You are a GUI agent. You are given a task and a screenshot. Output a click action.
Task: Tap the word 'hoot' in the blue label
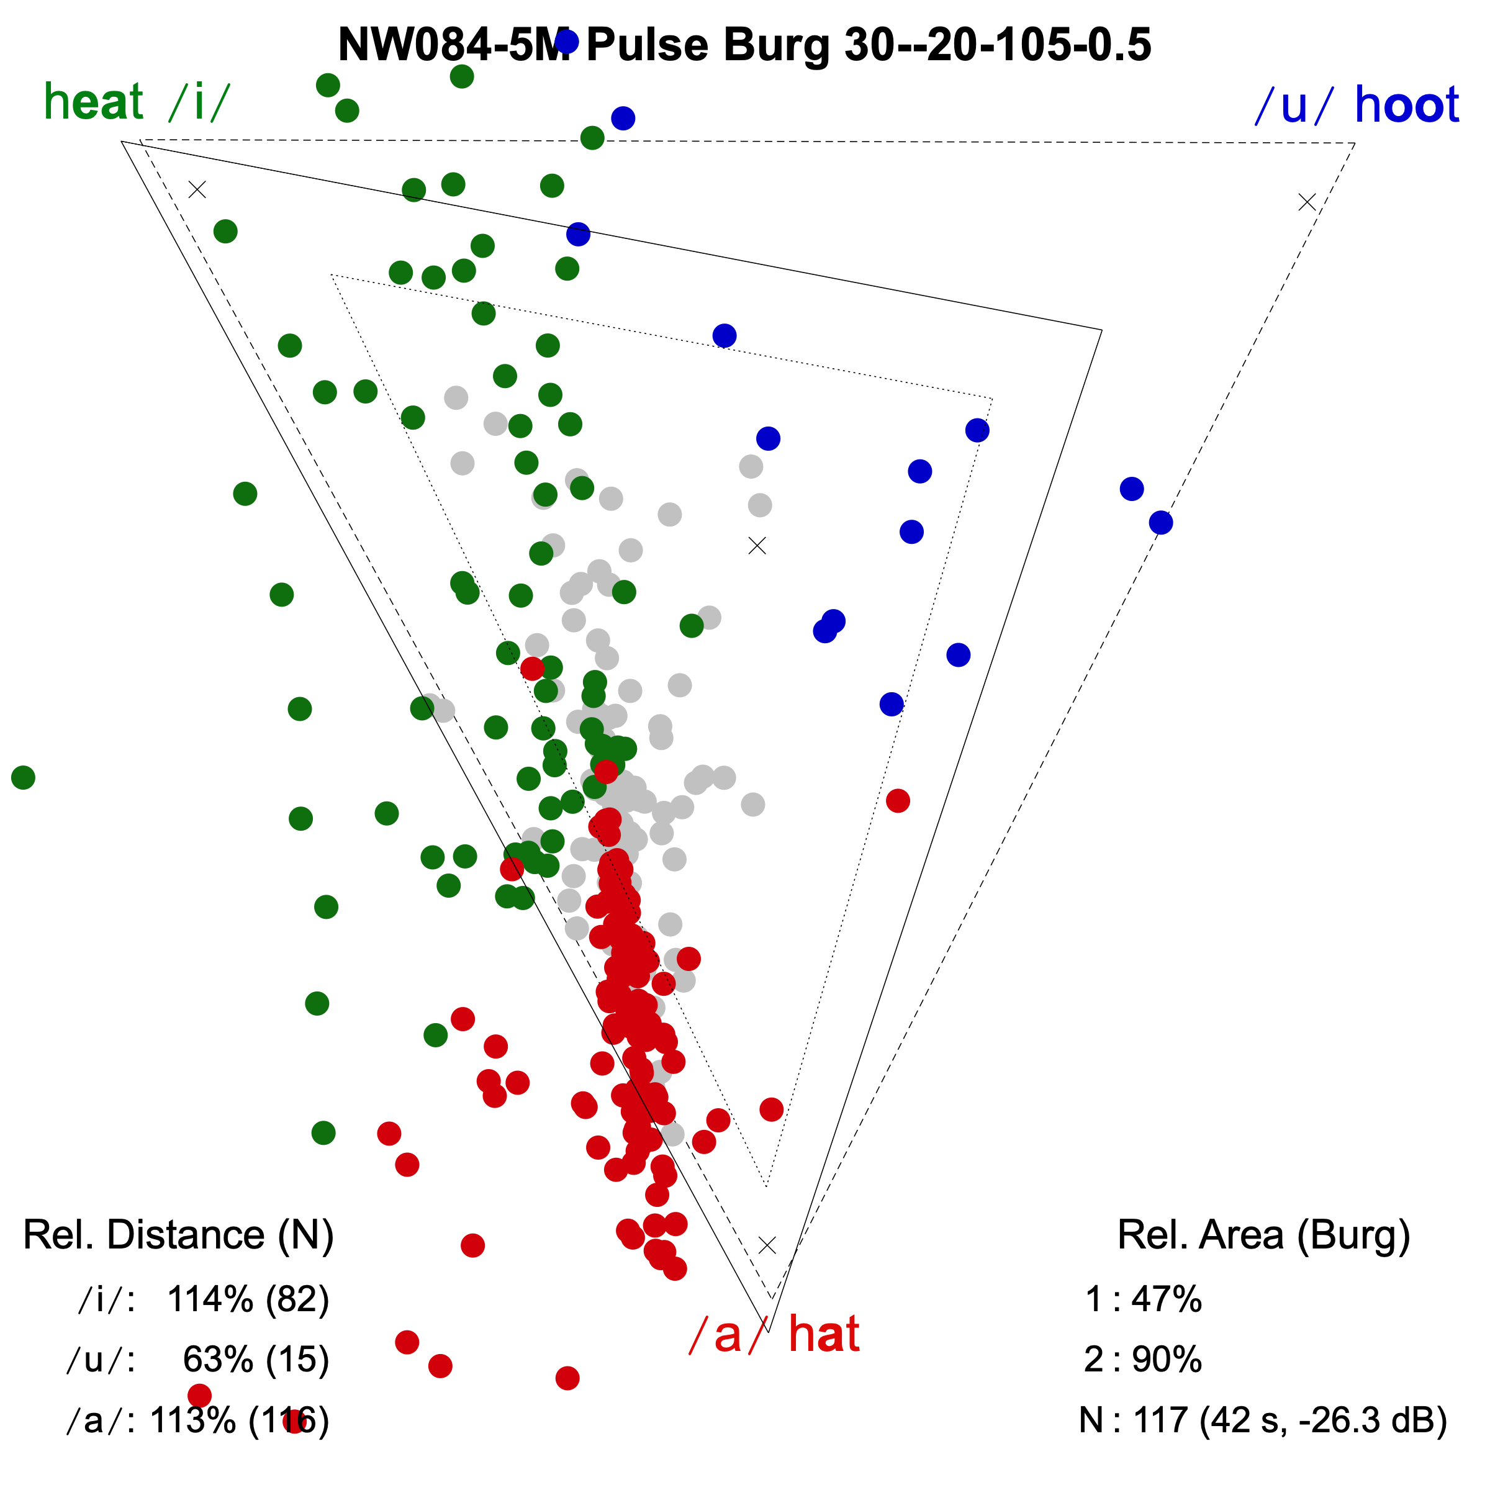click(1406, 105)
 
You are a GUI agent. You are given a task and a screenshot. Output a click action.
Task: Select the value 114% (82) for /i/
click(248, 1299)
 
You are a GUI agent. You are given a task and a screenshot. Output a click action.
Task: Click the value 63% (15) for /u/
click(256, 1360)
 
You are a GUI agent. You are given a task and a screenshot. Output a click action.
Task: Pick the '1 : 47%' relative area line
click(1143, 1299)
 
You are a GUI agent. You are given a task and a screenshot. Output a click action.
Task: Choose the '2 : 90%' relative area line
click(1143, 1360)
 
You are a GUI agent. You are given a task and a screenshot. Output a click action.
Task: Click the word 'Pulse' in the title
click(646, 45)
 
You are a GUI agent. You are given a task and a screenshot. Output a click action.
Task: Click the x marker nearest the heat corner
click(197, 189)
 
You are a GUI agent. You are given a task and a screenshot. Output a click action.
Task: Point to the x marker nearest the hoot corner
click(1306, 202)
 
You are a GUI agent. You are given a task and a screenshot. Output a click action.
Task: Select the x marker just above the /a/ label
click(767, 1245)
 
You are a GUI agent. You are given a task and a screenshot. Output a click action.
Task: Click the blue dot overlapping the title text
click(567, 41)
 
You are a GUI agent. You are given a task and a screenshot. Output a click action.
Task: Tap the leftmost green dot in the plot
click(23, 777)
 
